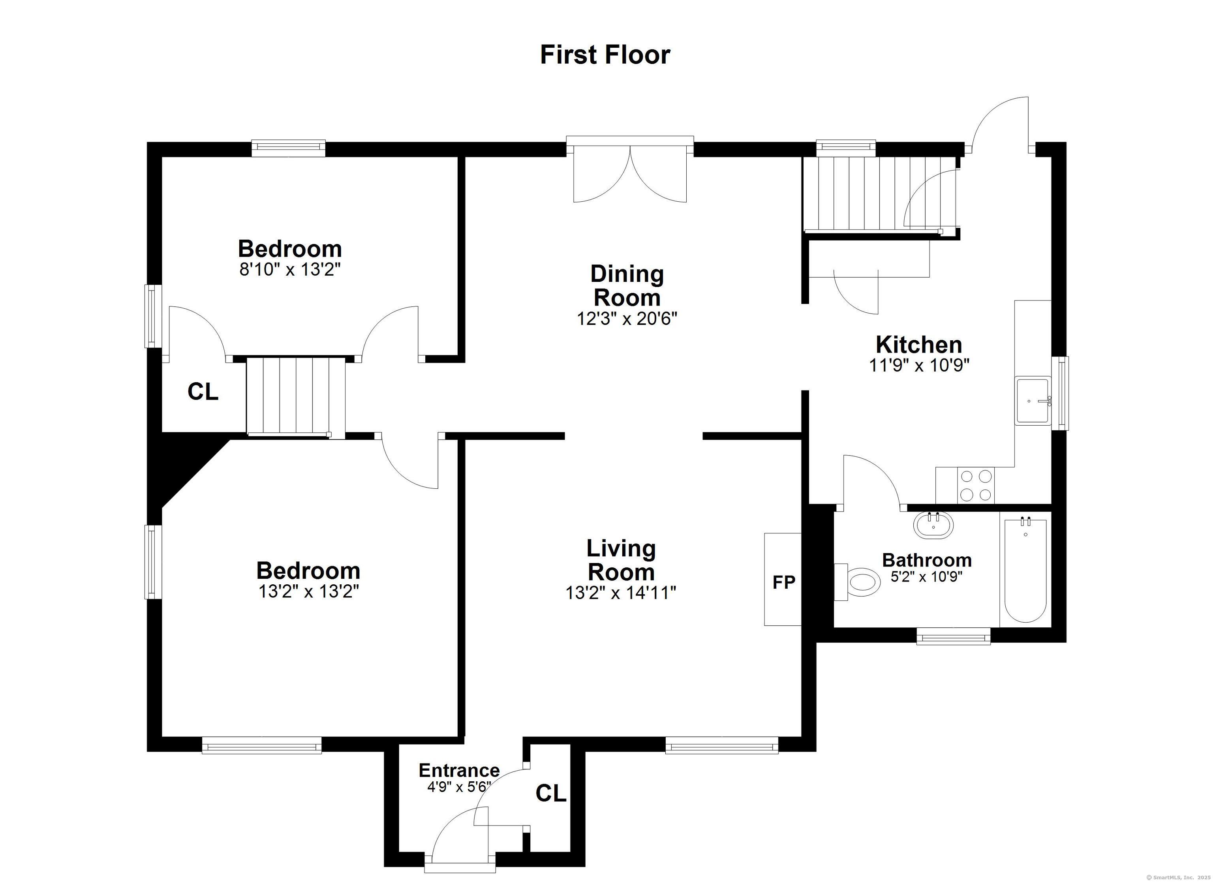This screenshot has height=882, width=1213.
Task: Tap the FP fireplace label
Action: click(783, 582)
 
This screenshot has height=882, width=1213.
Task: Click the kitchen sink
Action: click(1032, 401)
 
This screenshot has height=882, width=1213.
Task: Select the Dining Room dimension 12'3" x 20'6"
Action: click(627, 319)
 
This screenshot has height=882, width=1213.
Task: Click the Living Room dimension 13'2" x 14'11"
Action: click(621, 593)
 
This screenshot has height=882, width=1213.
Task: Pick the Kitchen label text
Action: click(919, 344)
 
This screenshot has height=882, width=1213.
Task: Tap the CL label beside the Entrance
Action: click(551, 794)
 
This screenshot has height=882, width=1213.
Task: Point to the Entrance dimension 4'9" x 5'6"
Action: click(459, 787)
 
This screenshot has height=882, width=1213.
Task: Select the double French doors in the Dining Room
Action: click(630, 171)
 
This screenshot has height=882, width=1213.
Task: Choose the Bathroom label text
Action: click(926, 560)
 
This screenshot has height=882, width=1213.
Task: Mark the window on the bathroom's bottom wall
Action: click(953, 636)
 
